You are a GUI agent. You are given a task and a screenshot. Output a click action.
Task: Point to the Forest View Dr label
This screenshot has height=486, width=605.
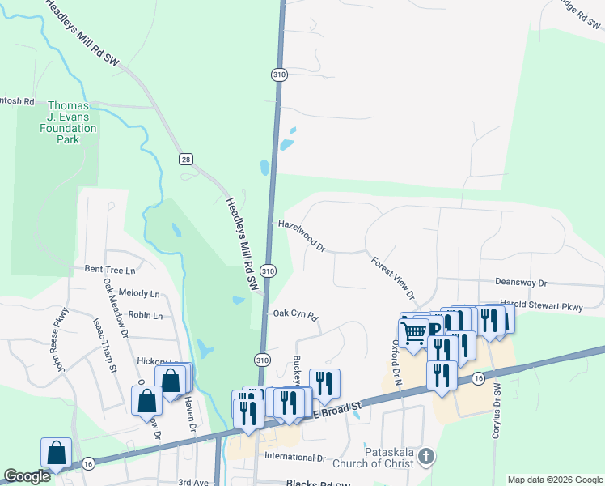coord(393,278)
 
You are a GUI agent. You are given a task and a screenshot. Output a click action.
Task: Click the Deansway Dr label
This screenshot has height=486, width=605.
coord(521,283)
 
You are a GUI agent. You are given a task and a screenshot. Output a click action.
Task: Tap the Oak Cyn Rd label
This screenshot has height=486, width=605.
coord(295,314)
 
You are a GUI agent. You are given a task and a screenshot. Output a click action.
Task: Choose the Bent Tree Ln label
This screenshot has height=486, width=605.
coord(109,269)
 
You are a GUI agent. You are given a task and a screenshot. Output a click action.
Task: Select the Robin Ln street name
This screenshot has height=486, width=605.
coord(146,315)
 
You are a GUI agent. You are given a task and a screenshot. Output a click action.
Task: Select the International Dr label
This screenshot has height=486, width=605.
coord(295,458)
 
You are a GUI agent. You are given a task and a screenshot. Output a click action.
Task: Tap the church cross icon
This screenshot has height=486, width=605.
coord(426,458)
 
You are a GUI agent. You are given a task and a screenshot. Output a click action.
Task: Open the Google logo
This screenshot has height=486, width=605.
coord(27,476)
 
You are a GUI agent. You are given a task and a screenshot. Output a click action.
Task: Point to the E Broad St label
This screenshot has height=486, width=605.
coord(337,411)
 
